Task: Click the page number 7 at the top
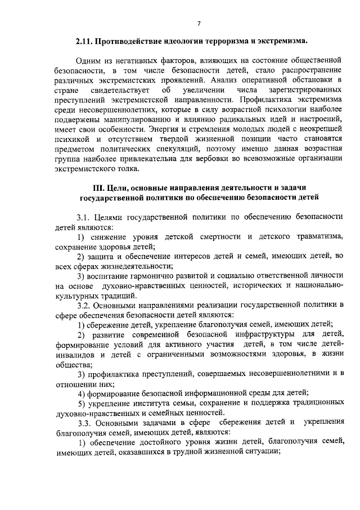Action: click(x=199, y=23)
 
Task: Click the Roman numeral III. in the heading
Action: click(x=99, y=186)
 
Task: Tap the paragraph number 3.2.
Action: click(x=85, y=305)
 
